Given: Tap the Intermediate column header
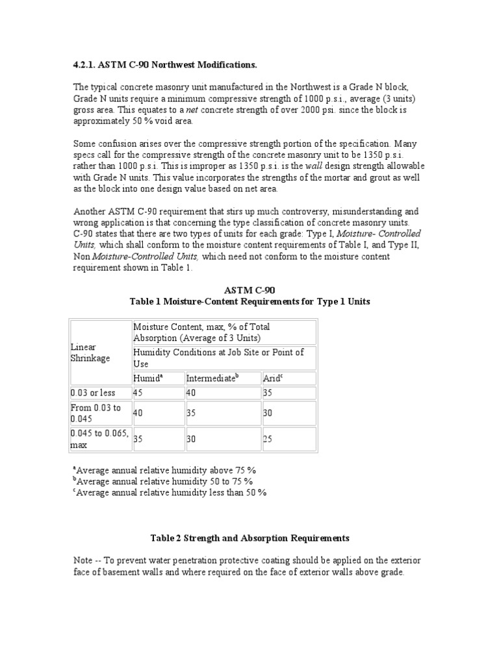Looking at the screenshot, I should point(211,378).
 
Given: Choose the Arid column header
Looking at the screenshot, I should point(273,378).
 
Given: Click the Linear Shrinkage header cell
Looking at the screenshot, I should point(90,353).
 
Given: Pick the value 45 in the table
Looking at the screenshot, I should point(138,393).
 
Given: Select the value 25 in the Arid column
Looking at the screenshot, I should point(268,439).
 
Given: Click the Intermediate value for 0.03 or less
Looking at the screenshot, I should point(191,393).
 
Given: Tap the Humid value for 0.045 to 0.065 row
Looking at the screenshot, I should point(138,439).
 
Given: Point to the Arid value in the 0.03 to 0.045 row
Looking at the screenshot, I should point(268,413).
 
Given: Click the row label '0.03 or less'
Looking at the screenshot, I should point(93,393).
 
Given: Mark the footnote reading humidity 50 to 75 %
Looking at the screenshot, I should point(162,481).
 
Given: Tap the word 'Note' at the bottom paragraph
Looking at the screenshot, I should point(83,560).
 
